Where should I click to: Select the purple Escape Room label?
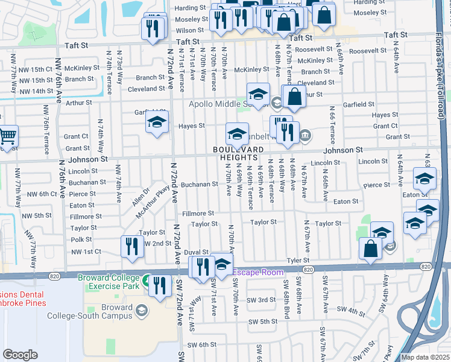point(258,273)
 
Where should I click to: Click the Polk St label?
point(81,240)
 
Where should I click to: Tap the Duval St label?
point(196,252)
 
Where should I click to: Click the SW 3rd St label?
point(261,300)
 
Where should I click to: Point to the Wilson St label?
point(189,30)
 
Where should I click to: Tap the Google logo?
point(20,355)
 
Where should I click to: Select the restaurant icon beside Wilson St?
point(152,28)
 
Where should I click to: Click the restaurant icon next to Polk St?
point(131,246)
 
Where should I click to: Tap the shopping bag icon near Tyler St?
point(370,248)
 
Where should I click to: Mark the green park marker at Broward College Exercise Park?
point(146,280)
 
